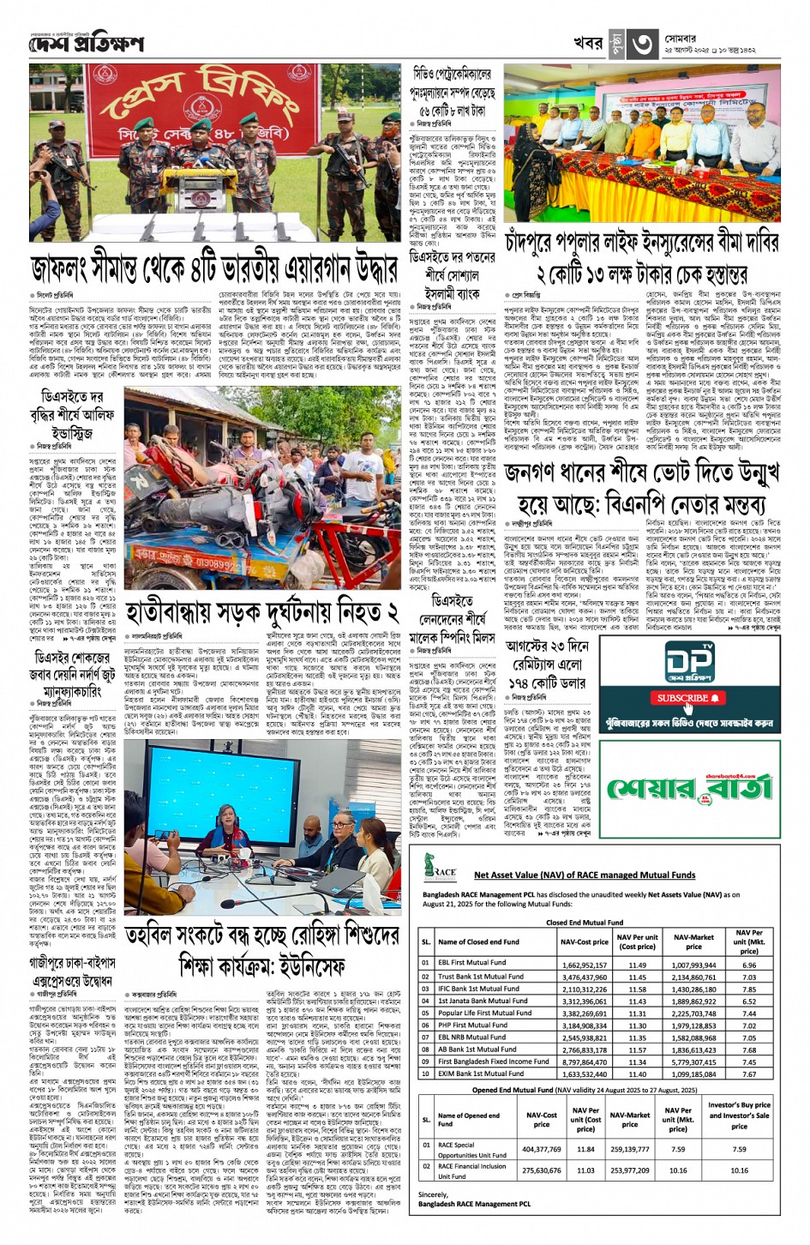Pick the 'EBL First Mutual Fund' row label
click(x=468, y=964)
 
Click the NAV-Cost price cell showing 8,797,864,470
click(x=584, y=1062)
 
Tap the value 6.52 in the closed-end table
click(x=748, y=1001)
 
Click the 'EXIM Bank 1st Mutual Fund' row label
click(x=480, y=1074)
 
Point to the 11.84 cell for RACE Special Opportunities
click(x=585, y=1149)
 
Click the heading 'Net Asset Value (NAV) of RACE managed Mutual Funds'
click(x=585, y=875)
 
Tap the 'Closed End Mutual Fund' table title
click(x=585, y=923)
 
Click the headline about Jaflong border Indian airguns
click(x=214, y=268)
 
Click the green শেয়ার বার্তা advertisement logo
click(x=691, y=786)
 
